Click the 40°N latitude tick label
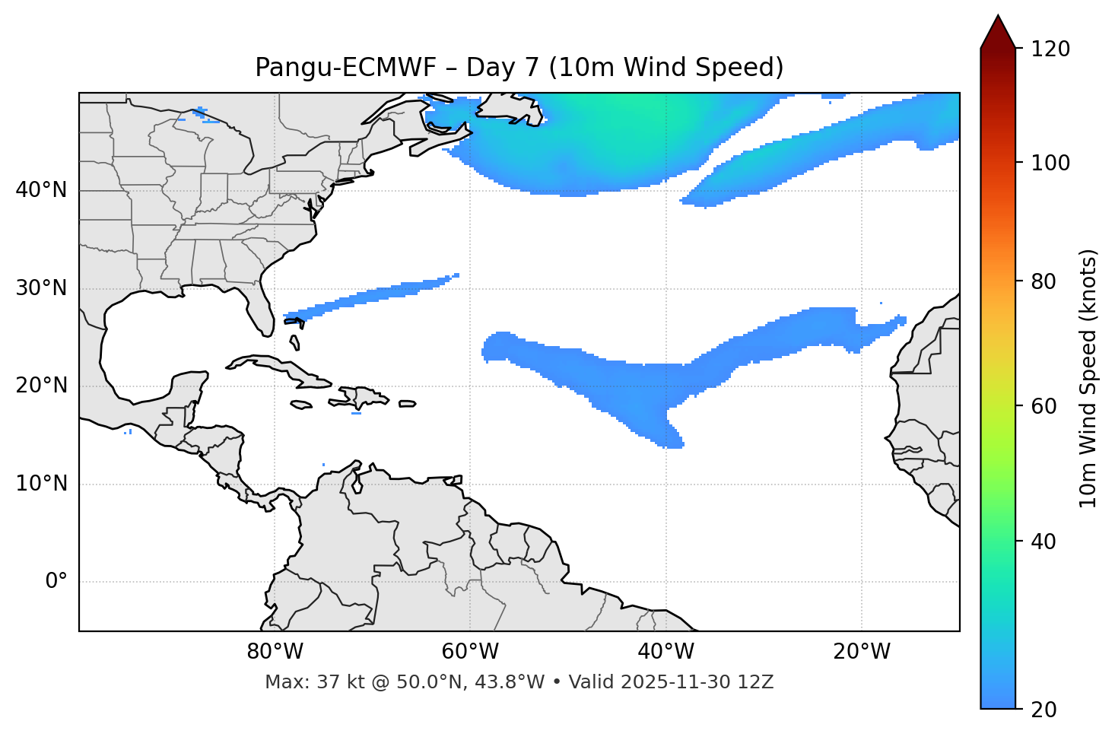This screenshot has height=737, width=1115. (41, 190)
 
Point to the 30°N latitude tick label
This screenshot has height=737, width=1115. (41, 288)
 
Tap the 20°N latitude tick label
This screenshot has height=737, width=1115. (41, 386)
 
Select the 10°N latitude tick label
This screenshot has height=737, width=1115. (41, 484)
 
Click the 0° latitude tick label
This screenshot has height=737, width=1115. (56, 582)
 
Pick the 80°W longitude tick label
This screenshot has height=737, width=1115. (275, 652)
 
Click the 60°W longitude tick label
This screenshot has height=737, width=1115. (470, 652)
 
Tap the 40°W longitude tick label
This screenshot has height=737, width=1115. (666, 652)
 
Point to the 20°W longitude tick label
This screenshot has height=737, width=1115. (862, 652)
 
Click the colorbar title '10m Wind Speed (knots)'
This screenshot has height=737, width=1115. (1088, 378)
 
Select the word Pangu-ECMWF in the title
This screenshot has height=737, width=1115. (346, 68)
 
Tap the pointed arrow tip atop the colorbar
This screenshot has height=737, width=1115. (998, 18)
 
